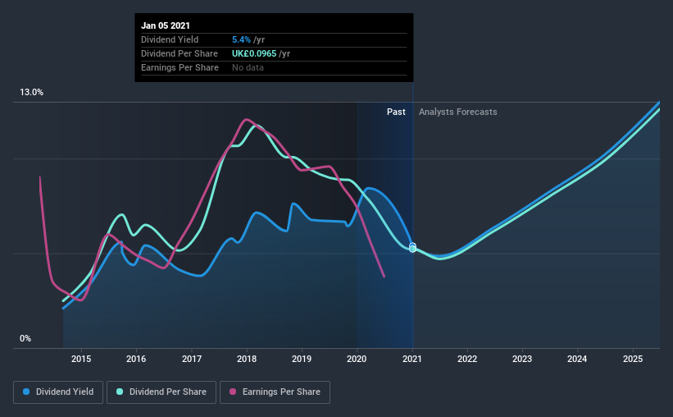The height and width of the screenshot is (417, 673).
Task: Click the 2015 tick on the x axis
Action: click(81, 359)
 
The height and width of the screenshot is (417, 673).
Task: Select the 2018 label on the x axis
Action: click(247, 359)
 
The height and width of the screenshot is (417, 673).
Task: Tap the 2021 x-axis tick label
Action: click(412, 359)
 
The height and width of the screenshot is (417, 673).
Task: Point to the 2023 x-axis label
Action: click(522, 359)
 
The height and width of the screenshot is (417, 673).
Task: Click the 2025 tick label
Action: click(633, 359)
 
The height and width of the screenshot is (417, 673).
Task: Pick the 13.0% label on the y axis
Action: click(32, 93)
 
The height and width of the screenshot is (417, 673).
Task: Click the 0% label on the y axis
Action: click(25, 338)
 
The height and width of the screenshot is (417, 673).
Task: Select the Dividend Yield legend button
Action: click(58, 392)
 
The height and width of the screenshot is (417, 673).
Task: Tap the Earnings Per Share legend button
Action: click(275, 392)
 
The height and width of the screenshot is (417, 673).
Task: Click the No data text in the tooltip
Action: click(248, 67)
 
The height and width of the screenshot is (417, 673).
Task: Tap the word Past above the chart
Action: click(396, 112)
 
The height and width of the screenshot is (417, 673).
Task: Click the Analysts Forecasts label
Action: click(457, 112)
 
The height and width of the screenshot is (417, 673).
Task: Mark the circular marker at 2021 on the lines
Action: click(412, 247)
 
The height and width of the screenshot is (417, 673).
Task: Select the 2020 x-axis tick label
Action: click(357, 359)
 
